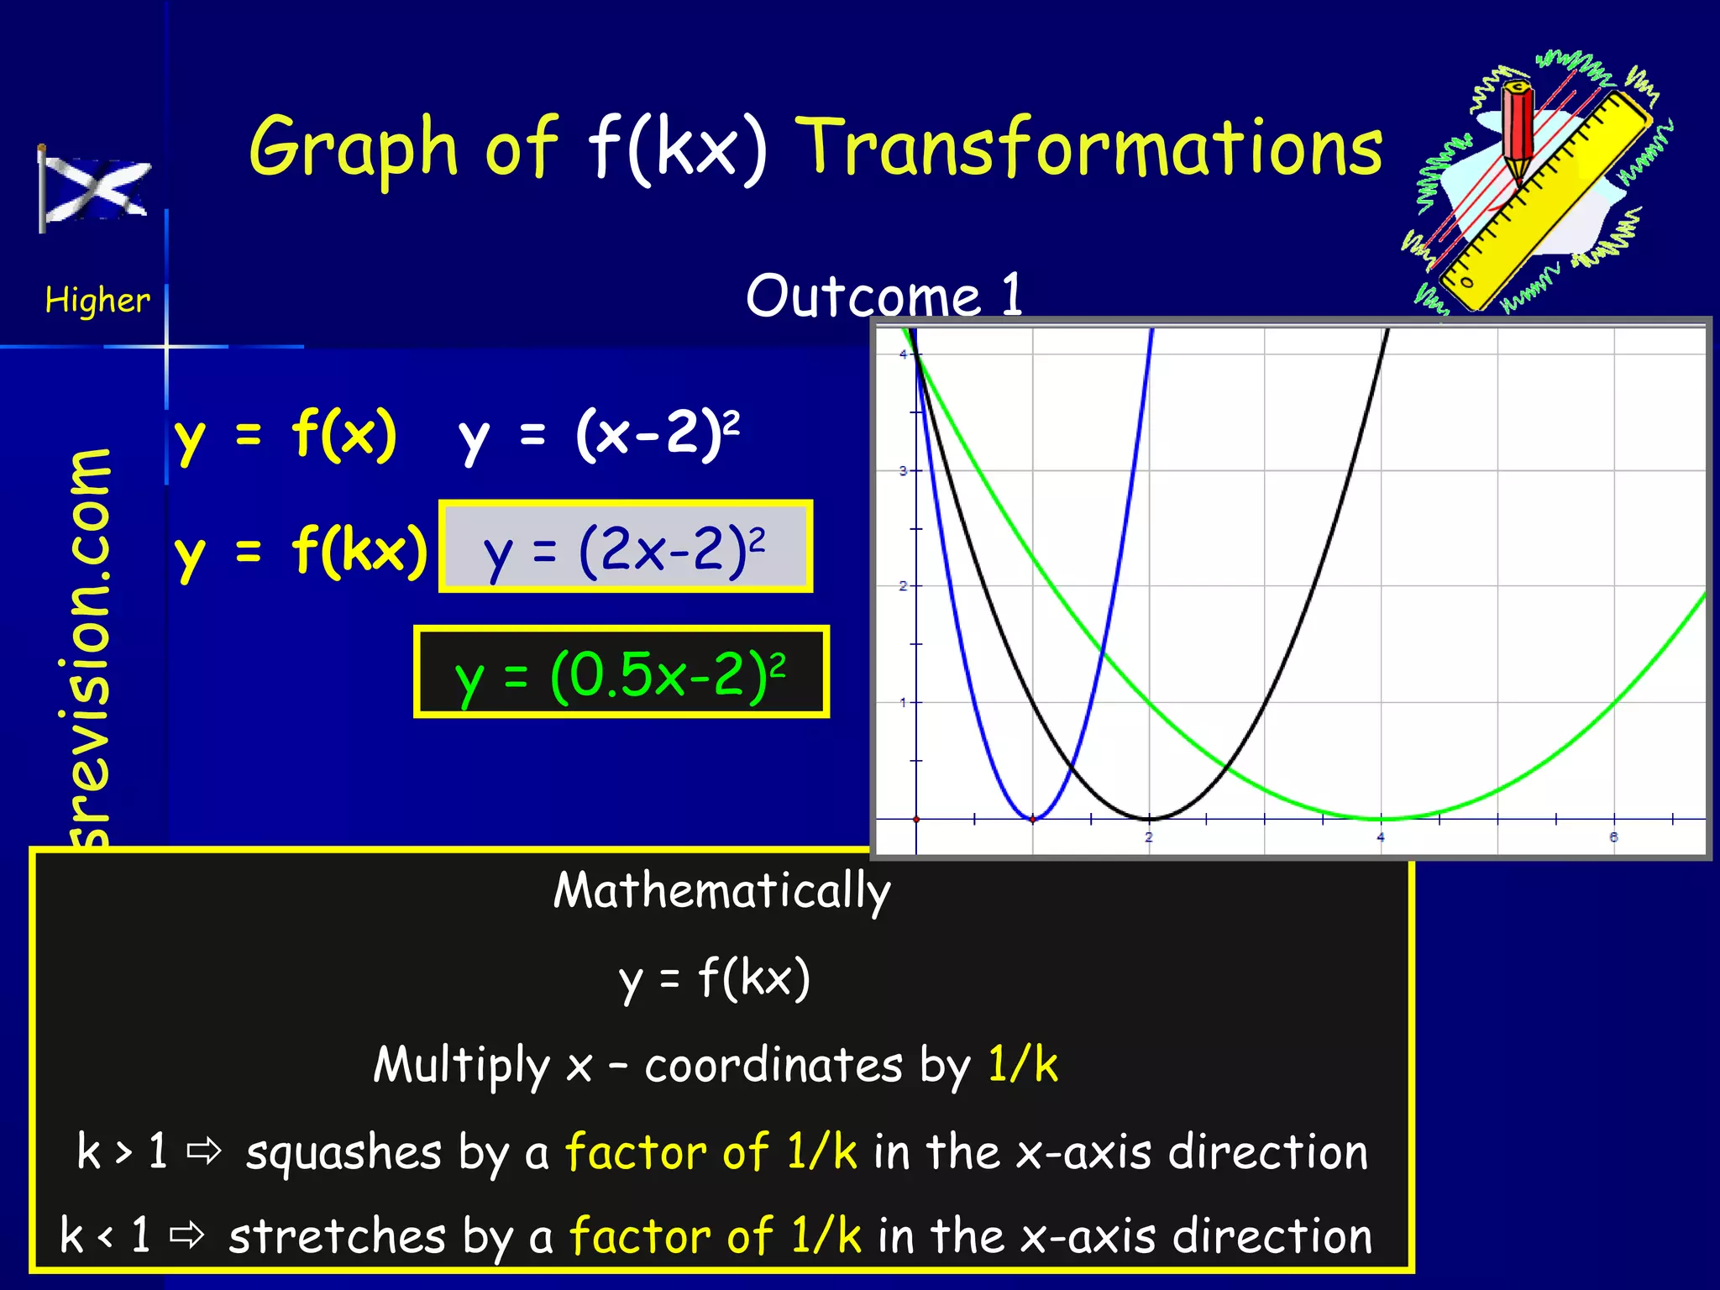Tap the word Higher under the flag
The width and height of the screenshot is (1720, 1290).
[x=97, y=301]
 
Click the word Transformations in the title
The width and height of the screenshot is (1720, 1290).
[x=1088, y=149]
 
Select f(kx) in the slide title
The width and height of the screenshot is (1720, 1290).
[x=677, y=149]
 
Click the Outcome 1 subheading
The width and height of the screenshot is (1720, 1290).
[x=884, y=296]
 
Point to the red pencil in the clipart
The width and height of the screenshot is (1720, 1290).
[x=1518, y=131]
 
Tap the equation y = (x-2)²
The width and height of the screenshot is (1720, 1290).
[x=599, y=435]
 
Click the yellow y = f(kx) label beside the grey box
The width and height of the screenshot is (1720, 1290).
[x=301, y=551]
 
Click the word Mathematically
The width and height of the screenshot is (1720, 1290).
[x=721, y=891]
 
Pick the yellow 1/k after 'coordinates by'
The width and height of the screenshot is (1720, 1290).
[x=1022, y=1065]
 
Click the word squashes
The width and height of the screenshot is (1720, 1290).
[x=343, y=1152]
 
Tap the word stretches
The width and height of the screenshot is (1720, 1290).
[x=337, y=1237]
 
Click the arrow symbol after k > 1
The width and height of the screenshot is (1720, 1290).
[x=204, y=1151]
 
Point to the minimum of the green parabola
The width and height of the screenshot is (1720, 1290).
[x=1382, y=818]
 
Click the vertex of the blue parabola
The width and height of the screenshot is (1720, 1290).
[x=1033, y=818]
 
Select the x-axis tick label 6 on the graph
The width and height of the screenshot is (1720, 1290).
[x=1613, y=837]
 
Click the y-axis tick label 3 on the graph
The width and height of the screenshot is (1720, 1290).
[x=904, y=470]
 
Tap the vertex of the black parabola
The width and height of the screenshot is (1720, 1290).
[x=1149, y=818]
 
